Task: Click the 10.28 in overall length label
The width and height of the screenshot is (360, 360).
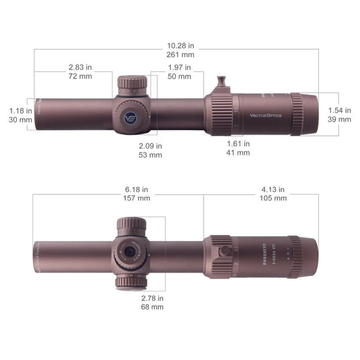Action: coord(180,44)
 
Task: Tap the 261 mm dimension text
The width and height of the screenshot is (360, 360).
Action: coord(180,54)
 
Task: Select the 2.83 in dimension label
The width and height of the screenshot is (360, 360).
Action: coord(81,67)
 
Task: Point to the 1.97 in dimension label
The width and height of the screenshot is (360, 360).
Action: coord(180,67)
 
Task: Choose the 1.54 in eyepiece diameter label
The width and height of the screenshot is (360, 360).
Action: coord(339,110)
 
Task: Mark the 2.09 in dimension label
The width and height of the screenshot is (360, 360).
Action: coord(150,145)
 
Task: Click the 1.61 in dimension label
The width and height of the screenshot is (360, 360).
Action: coord(238,143)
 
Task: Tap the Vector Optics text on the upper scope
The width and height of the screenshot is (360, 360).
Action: coord(267,115)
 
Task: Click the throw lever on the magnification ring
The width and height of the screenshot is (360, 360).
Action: coord(222,84)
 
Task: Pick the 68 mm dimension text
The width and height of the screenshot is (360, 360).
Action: coord(152,307)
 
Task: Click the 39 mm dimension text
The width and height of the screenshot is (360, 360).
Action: coord(339,118)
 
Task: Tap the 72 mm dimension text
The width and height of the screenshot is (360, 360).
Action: coord(81,77)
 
